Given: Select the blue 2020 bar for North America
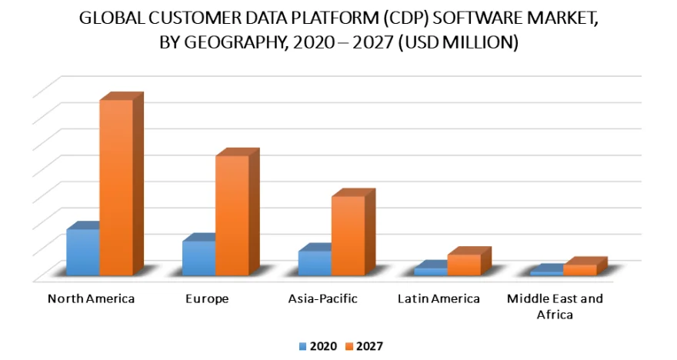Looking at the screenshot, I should [x=82, y=252].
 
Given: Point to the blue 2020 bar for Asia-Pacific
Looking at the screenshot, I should [x=315, y=262].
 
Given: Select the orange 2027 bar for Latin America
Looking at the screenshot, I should [x=464, y=264].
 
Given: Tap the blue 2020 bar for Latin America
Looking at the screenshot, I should [x=431, y=272].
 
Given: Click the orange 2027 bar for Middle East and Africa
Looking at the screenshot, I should [x=579, y=269].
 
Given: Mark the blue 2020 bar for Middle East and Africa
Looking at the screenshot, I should [x=546, y=273].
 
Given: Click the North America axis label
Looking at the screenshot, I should [x=91, y=298].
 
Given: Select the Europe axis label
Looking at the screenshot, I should [x=207, y=298].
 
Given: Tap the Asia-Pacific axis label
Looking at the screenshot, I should [x=322, y=298].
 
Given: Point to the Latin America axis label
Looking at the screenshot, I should [x=439, y=298].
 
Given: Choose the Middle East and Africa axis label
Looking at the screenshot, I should [x=555, y=305].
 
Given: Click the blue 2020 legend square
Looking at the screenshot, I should [x=303, y=346].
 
